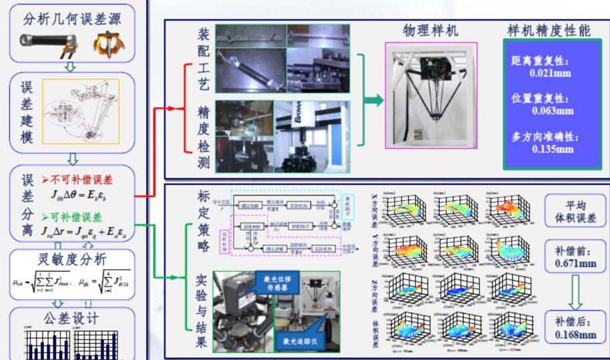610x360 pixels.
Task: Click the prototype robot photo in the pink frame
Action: click(x=431, y=100)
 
